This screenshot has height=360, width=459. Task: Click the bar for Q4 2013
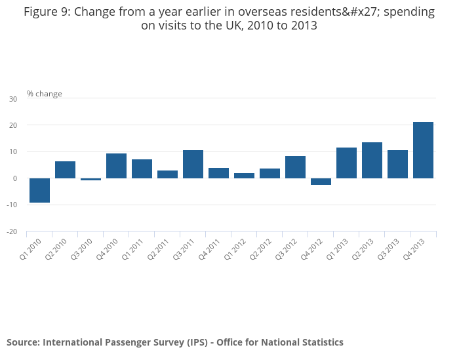point(423,150)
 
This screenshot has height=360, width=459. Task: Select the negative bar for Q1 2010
point(39,190)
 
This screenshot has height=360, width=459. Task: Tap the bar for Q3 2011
point(193,164)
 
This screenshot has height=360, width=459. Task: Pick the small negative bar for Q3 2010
point(90,179)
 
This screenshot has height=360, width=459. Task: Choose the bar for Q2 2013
point(372,160)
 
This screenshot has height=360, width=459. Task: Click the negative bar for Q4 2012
point(321,182)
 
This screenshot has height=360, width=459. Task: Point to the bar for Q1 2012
point(244,176)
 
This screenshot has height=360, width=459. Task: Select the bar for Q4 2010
point(116,166)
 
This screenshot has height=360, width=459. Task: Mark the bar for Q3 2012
point(295,167)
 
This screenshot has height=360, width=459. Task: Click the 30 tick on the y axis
point(13,99)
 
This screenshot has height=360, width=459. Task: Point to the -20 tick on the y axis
point(12,231)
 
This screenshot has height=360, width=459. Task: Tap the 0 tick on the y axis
point(15,178)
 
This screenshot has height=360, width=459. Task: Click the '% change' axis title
point(45,94)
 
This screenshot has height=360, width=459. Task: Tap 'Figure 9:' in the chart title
point(48,12)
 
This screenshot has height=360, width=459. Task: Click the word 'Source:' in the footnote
point(24,342)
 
